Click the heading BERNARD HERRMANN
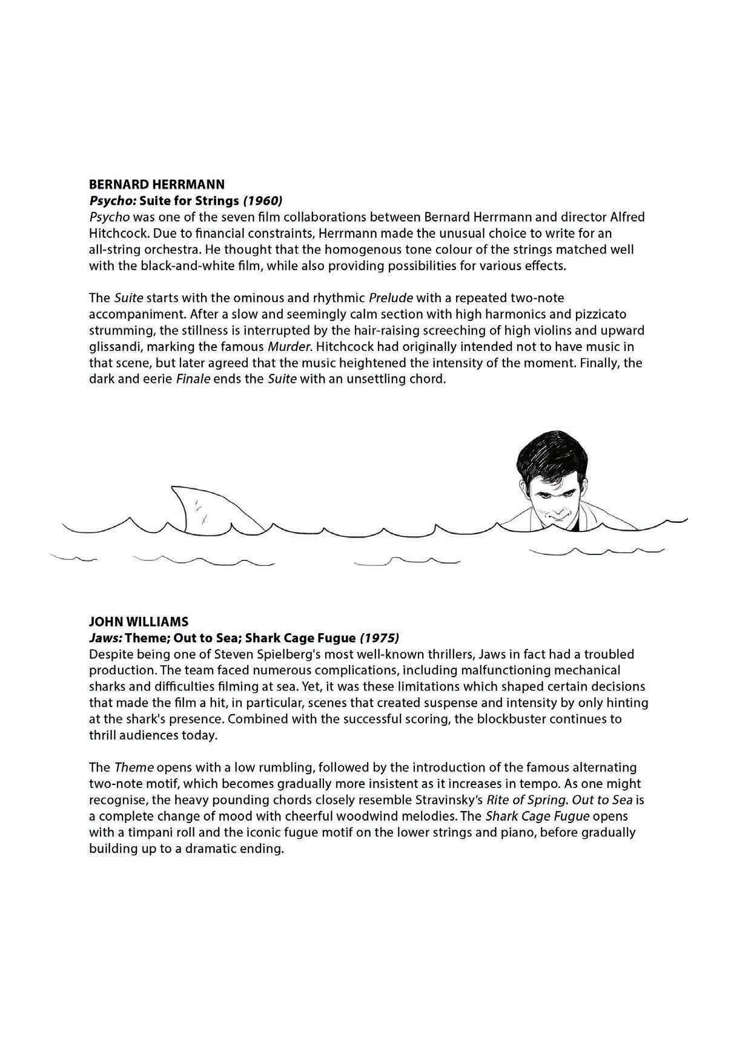[x=156, y=184]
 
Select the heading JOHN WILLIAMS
[x=138, y=622]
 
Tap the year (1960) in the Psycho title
[x=262, y=200]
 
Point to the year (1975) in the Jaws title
[x=379, y=638]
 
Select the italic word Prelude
[x=391, y=298]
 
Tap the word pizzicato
[x=600, y=314]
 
